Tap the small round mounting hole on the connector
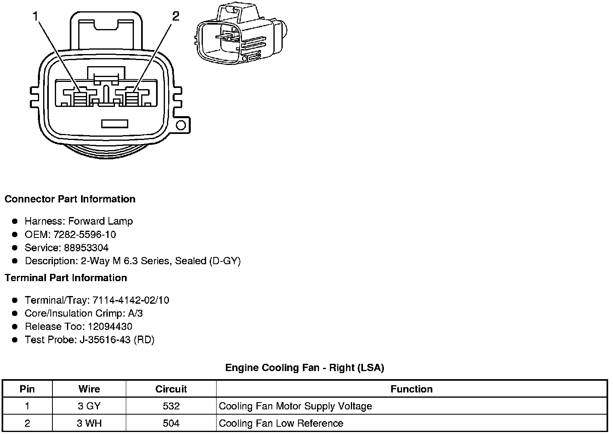181,125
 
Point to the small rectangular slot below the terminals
115,124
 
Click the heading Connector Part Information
70,199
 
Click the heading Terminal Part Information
66,278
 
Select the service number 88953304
86,248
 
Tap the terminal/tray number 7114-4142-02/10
131,300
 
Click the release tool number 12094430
110,326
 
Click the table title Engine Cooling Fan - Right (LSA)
304,368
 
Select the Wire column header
89,389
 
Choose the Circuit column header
171,389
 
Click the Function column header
411,389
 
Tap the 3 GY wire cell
89,406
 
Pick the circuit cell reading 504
171,423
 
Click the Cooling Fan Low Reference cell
281,423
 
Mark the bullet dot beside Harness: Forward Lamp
15,221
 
